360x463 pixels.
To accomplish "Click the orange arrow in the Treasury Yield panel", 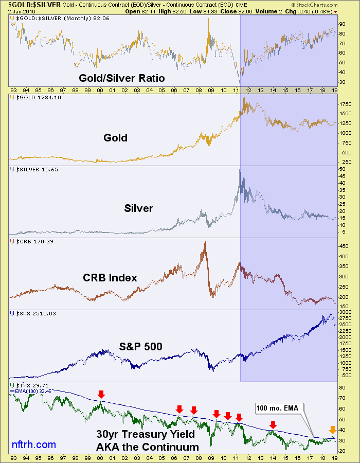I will [x=332, y=430].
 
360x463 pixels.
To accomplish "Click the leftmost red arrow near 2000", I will [x=101, y=394].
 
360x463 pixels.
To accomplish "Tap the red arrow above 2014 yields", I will [x=273, y=424].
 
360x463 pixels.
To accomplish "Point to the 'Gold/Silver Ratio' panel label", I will [x=121, y=78].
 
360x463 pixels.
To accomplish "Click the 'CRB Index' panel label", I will [x=110, y=278].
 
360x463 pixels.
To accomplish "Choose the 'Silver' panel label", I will [x=138, y=208].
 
